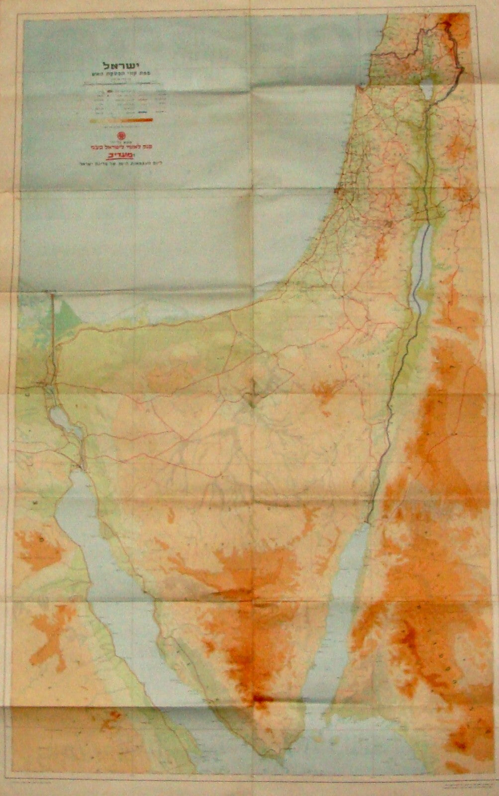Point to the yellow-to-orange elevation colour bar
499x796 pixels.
click(119, 120)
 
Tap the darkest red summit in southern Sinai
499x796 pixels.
click(259, 699)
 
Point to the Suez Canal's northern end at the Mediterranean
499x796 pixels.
click(52, 296)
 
